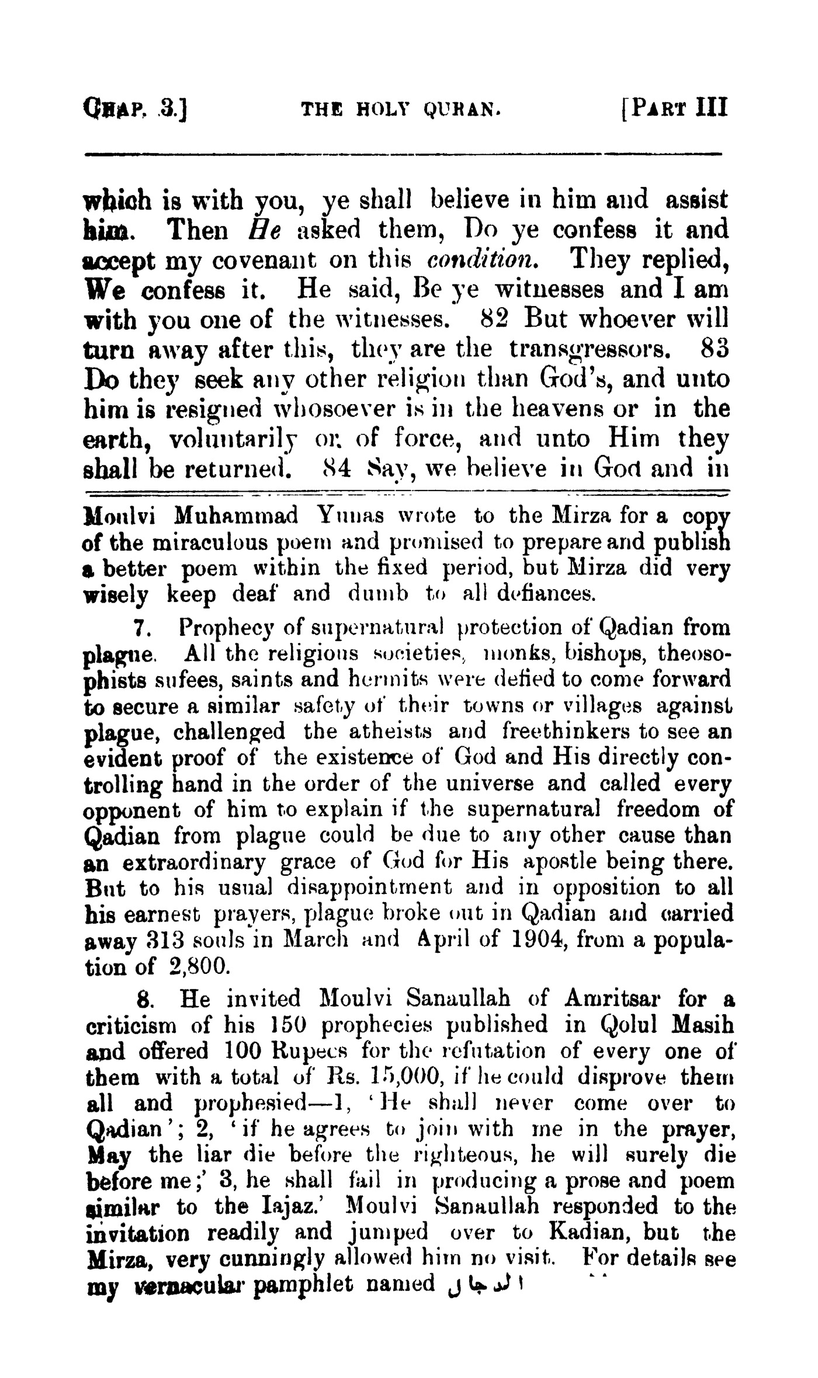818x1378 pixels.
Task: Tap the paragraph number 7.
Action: (140, 628)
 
